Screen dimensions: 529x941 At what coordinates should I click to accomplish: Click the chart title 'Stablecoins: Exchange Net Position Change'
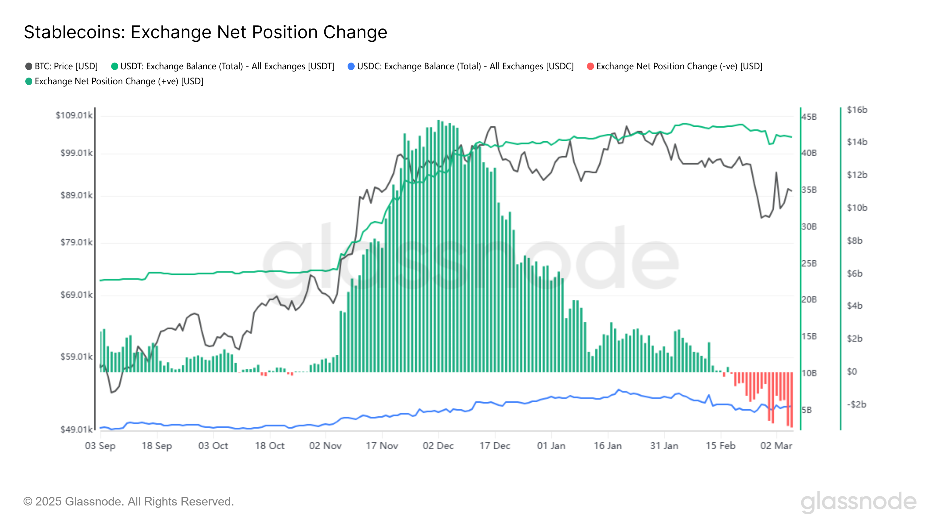pos(205,32)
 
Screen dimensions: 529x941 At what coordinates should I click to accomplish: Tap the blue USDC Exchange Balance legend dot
pos(351,66)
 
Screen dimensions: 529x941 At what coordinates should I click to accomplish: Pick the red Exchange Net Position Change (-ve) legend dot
pos(590,66)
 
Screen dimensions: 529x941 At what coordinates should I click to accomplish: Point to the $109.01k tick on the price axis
pos(74,115)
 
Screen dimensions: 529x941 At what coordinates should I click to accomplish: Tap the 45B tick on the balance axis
pos(809,117)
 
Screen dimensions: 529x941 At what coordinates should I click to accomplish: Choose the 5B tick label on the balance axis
pos(807,410)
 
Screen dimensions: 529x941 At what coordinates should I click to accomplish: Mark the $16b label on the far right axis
pos(857,110)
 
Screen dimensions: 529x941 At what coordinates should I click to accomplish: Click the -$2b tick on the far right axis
pos(856,404)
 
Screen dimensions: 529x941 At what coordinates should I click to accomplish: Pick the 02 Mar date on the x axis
pos(776,446)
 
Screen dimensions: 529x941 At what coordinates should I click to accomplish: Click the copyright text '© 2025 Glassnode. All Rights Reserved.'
pos(128,502)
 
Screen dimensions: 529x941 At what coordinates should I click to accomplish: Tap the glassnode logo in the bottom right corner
pos(858,502)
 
